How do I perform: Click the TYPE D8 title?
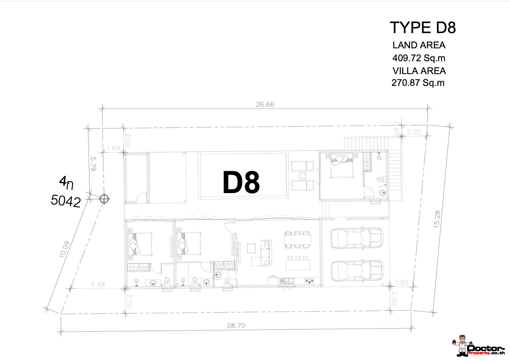(x=423, y=28)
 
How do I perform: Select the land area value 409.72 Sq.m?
(x=419, y=58)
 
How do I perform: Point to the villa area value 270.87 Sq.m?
(x=418, y=83)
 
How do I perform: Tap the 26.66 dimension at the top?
(x=265, y=105)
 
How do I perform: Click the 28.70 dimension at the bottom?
(x=236, y=325)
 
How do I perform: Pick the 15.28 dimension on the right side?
(x=437, y=219)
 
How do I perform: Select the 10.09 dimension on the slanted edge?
(x=64, y=250)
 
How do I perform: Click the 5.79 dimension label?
(x=93, y=164)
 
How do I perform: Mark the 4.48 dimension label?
(x=98, y=284)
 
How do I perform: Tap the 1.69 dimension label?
(x=113, y=148)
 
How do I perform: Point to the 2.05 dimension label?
(x=414, y=132)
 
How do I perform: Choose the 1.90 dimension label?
(x=402, y=282)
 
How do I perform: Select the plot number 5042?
(x=66, y=201)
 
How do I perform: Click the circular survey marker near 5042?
(x=104, y=199)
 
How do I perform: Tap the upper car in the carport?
(x=357, y=238)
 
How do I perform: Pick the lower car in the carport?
(x=357, y=271)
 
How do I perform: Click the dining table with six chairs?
(x=297, y=240)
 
